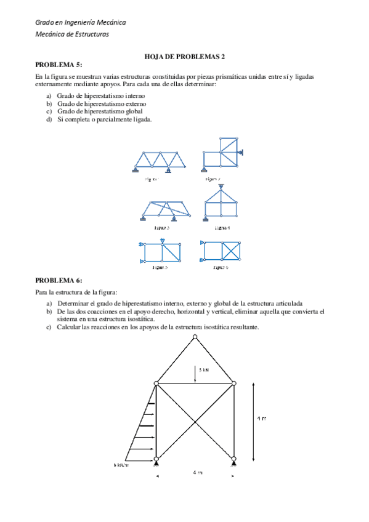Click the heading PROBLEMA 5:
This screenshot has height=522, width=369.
coord(59,63)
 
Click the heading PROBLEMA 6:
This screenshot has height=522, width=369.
coord(59,280)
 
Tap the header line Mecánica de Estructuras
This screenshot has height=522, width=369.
coord(72,34)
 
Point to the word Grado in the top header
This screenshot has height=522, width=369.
coord(44,22)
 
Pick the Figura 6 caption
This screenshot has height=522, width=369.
coord(221,268)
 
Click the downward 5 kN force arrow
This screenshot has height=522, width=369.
coord(195,374)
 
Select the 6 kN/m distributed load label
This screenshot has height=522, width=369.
coord(121,465)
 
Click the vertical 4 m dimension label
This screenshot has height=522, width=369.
coord(262,419)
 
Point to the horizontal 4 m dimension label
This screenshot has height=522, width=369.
coord(196,472)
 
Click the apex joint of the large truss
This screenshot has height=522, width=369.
coord(195,336)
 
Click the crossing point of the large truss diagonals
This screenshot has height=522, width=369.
coord(195,421)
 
